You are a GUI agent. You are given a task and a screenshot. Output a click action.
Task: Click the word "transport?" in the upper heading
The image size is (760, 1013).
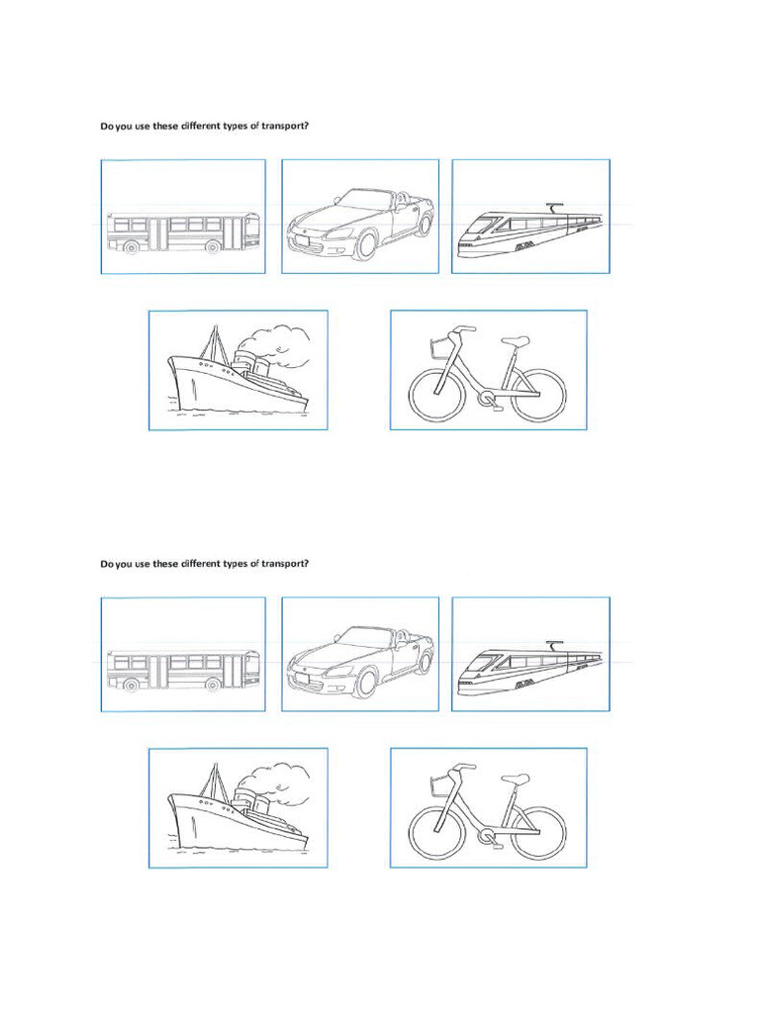[287, 126]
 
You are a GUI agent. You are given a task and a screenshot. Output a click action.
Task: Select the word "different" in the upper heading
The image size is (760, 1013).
[202, 126]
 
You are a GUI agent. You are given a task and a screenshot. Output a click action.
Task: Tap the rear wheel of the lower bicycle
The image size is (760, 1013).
[538, 831]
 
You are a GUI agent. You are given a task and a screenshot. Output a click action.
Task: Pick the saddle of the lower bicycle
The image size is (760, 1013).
[516, 779]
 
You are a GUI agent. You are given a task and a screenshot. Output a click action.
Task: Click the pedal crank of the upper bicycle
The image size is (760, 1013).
[486, 399]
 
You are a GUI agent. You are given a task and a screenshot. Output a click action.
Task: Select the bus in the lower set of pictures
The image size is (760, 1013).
[183, 671]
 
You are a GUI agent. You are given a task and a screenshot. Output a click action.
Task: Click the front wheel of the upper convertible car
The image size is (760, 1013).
[365, 245]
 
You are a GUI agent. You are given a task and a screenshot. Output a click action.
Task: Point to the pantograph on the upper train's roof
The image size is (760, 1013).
[554, 208]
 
